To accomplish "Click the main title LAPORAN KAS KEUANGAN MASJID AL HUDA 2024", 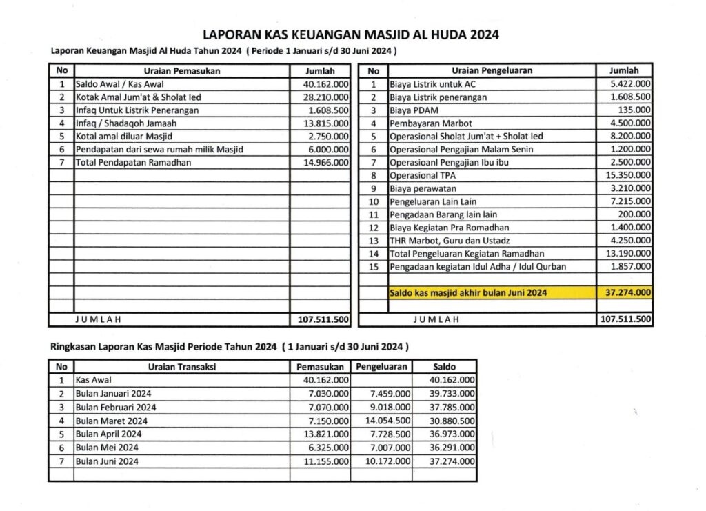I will [x=351, y=34].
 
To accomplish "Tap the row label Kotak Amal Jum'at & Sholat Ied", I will [x=138, y=97].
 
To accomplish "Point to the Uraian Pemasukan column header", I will [x=181, y=70].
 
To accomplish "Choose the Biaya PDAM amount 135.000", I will [x=634, y=110].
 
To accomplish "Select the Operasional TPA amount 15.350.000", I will [x=627, y=176].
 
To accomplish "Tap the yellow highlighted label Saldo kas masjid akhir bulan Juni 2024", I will [x=468, y=293].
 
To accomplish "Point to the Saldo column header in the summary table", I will [x=444, y=367].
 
